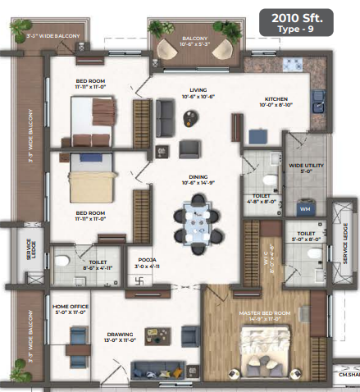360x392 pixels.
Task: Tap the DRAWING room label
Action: coord(121,336)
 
